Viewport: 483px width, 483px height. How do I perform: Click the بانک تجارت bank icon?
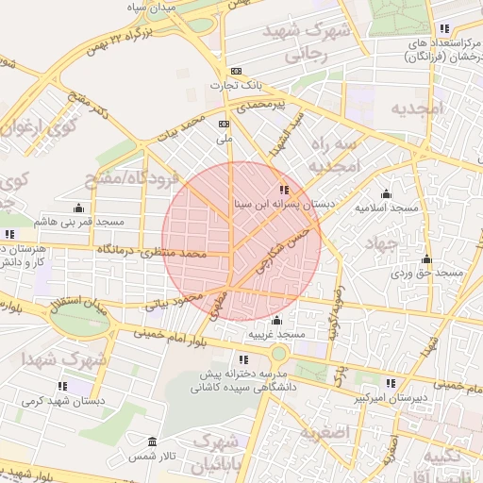click(x=236, y=71)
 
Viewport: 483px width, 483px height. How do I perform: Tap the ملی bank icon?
click(x=225, y=124)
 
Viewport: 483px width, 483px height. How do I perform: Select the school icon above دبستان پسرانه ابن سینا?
click(x=285, y=190)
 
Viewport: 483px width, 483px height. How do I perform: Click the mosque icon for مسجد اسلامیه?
click(x=386, y=193)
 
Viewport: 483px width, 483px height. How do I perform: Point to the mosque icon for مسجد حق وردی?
click(x=426, y=259)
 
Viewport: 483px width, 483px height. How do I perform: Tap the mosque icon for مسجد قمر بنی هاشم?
click(x=77, y=208)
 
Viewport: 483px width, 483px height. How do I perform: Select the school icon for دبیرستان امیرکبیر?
click(x=391, y=383)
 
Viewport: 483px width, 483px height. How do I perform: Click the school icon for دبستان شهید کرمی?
click(x=62, y=386)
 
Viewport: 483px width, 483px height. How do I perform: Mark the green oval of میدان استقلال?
click(x=80, y=318)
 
